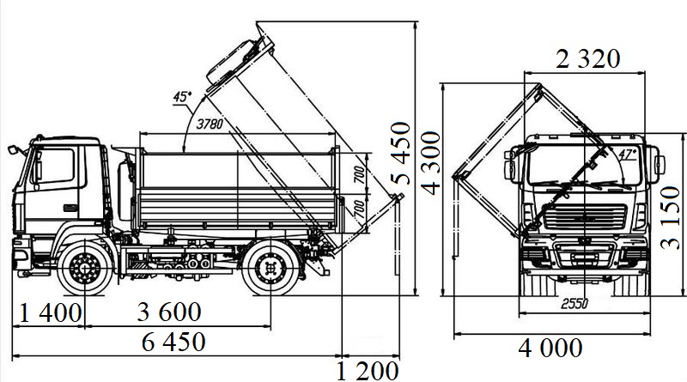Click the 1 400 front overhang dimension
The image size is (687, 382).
51,312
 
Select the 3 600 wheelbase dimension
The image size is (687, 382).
169,312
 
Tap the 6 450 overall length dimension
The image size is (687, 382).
174,342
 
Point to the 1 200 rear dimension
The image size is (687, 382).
368,371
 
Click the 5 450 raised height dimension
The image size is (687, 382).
401,153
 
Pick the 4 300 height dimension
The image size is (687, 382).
431,163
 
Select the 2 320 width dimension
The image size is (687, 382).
588,58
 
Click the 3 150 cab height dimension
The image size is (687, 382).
670,217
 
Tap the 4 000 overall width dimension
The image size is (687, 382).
550,349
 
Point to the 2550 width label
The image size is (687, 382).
575,303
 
